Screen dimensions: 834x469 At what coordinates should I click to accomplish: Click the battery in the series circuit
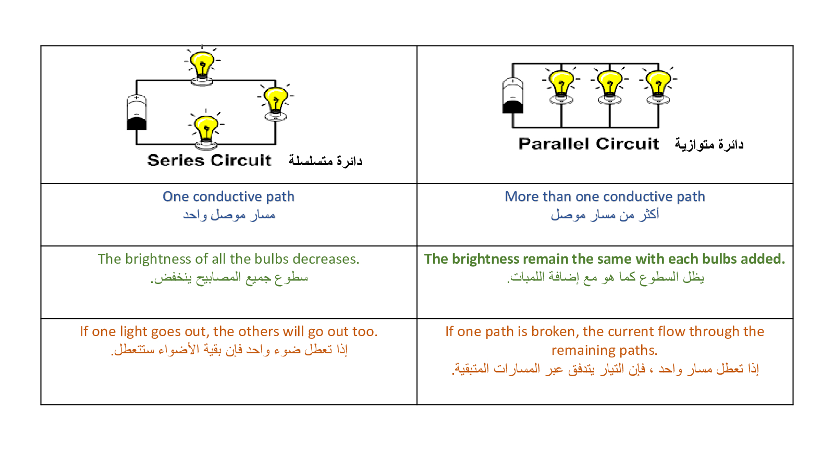click(137, 113)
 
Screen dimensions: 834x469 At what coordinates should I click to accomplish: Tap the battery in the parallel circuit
click(513, 95)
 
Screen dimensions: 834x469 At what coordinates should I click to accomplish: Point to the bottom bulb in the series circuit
click(206, 130)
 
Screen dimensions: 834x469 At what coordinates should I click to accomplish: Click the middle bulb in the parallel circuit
click(609, 86)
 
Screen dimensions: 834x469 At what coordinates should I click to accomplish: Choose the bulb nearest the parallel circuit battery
click(561, 86)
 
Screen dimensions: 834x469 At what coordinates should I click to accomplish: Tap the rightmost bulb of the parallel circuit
click(658, 86)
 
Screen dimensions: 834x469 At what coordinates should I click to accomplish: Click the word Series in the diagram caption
click(176, 161)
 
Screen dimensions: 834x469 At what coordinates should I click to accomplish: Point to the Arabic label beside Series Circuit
click(325, 161)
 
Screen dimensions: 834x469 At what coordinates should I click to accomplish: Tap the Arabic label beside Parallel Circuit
click(709, 144)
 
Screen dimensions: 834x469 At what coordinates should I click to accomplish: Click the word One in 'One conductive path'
click(176, 196)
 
